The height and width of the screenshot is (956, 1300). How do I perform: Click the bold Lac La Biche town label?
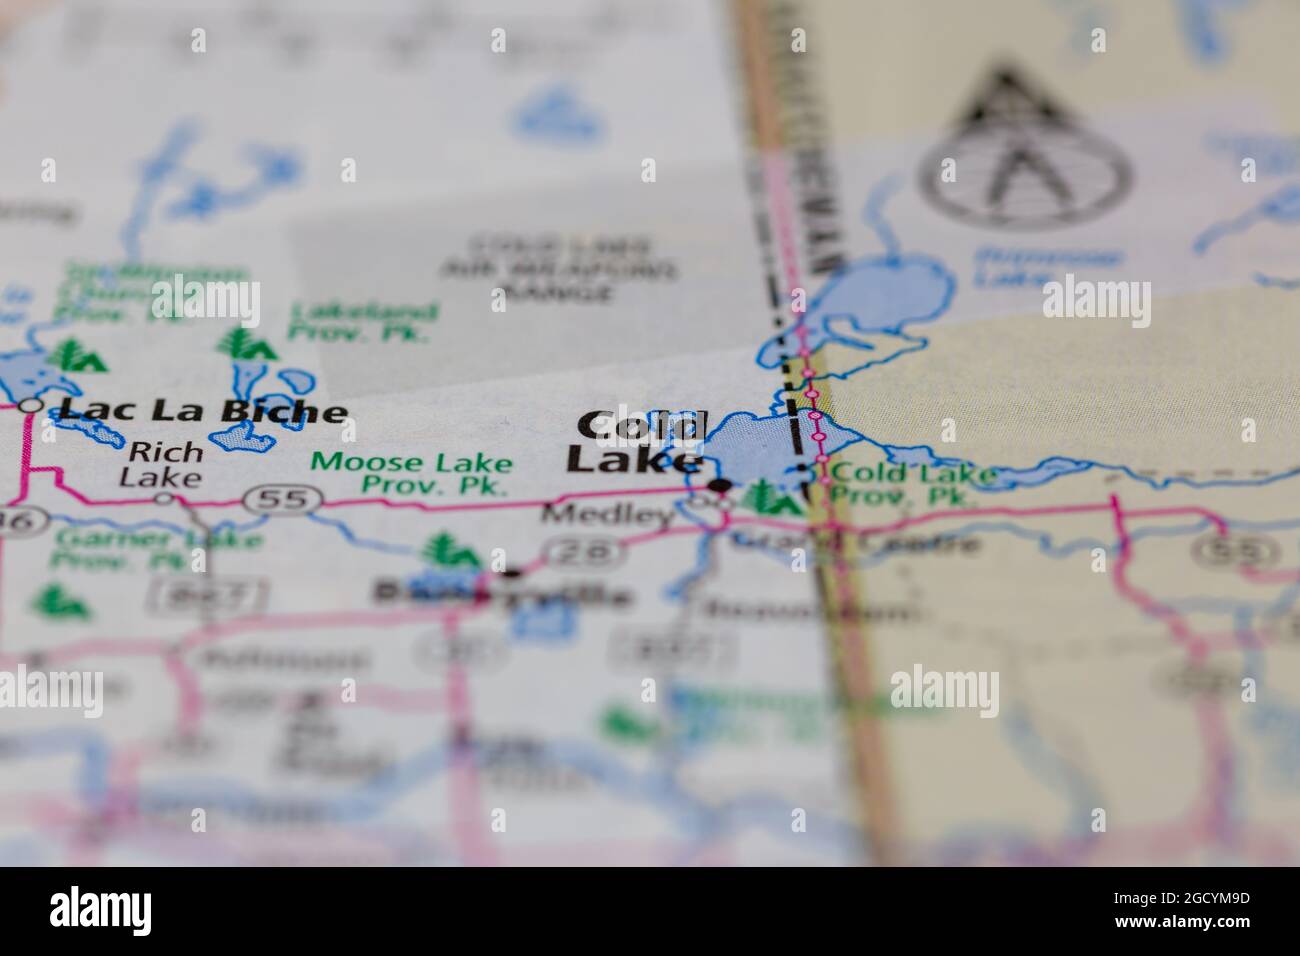tap(203, 410)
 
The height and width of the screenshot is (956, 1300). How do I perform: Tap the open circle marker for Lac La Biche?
tap(32, 405)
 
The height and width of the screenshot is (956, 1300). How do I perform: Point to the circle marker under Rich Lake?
tap(164, 497)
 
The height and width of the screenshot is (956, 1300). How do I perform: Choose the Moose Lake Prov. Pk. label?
tap(411, 475)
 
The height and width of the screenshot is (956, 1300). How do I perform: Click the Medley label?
tap(607, 516)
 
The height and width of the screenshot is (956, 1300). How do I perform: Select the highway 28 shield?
tap(583, 549)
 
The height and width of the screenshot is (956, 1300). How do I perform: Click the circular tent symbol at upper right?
tap(1025, 149)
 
